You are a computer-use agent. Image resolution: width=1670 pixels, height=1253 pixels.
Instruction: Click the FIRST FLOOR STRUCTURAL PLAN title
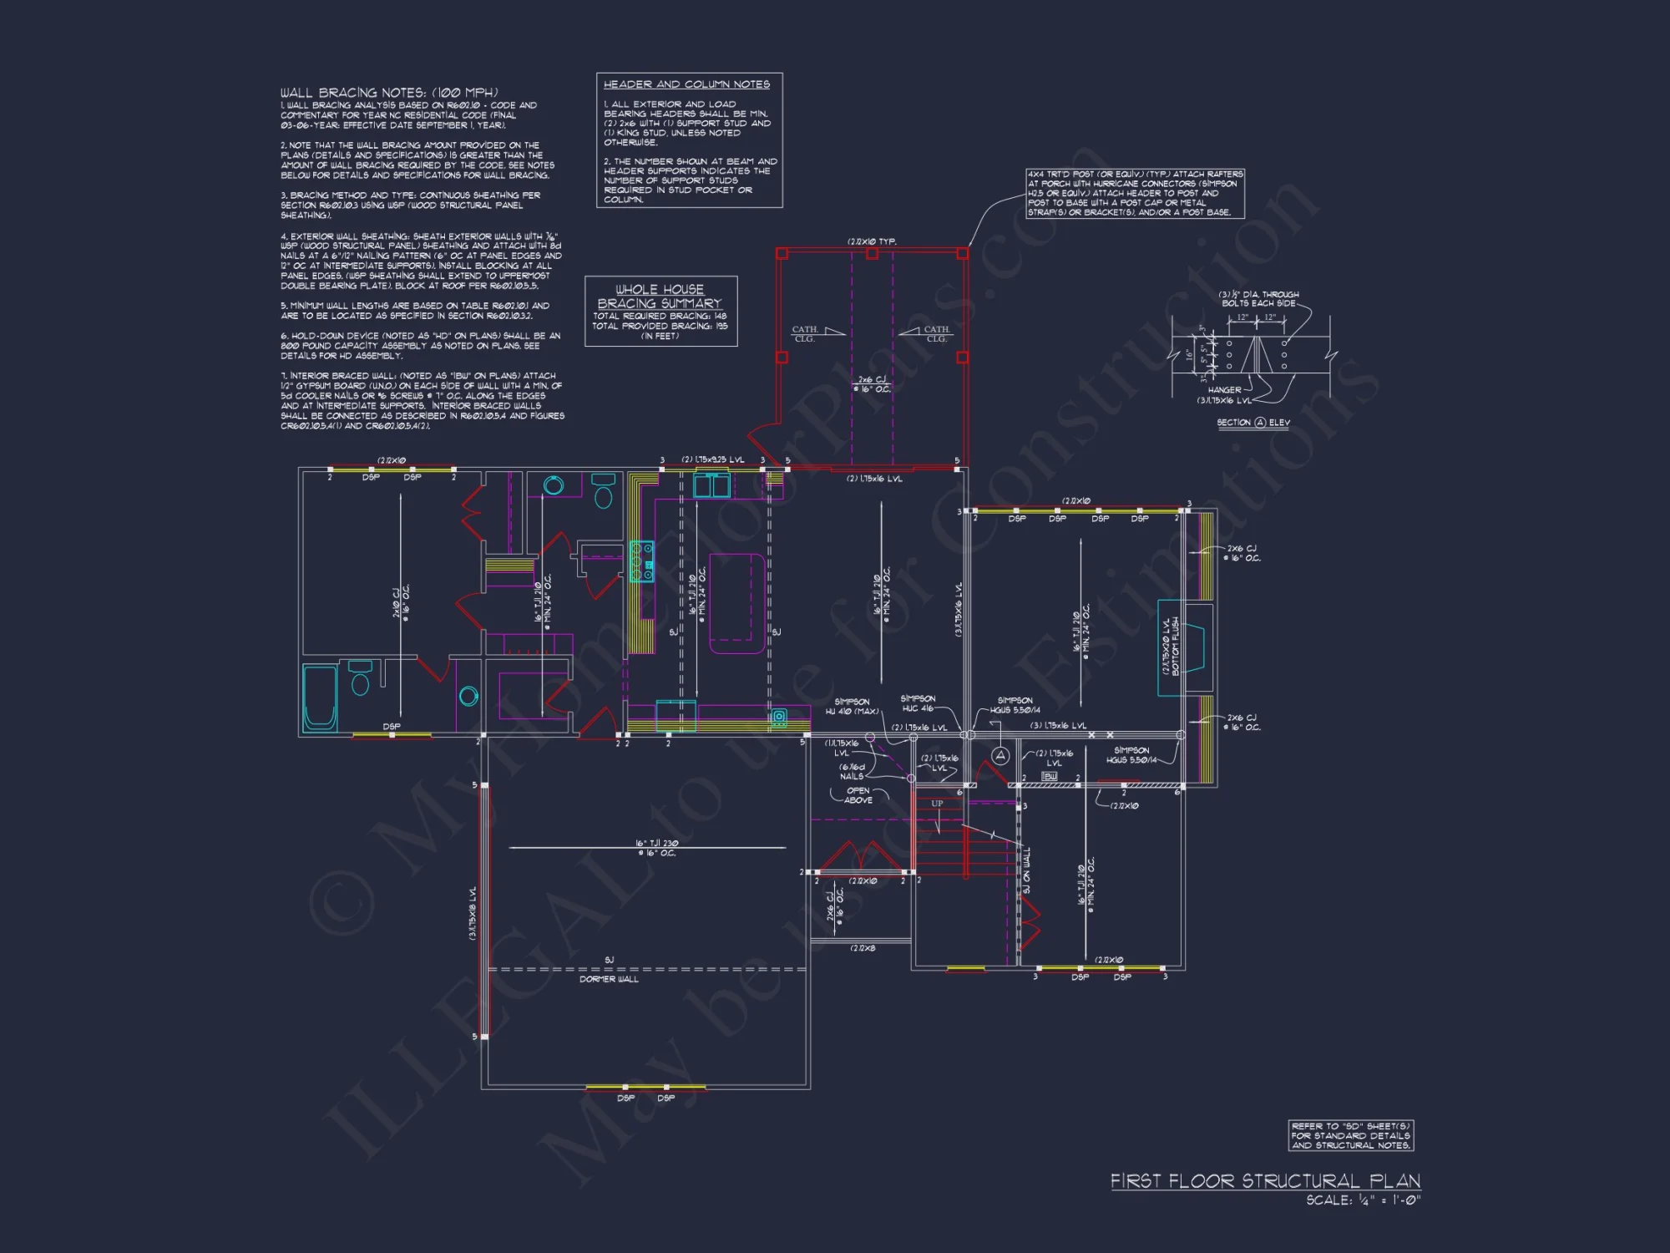[x=1264, y=1180]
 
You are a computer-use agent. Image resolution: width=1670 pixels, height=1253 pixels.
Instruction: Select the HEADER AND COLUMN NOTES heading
[x=686, y=84]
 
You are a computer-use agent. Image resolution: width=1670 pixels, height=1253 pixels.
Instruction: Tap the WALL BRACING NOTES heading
[x=389, y=93]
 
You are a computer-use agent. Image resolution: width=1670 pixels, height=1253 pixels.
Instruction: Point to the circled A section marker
[x=999, y=756]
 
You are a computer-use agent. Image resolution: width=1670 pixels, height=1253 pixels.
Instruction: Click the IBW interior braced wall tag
[x=1050, y=777]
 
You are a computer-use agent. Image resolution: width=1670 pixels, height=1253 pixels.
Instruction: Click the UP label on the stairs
[x=937, y=804]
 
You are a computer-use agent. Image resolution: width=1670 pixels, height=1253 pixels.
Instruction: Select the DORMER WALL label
[x=609, y=979]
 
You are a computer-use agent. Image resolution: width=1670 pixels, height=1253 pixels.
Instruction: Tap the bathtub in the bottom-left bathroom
[x=320, y=698]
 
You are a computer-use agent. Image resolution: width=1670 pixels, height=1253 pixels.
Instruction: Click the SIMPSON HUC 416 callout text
[x=918, y=703]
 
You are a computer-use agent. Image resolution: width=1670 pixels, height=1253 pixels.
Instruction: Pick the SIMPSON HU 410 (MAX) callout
[x=852, y=707]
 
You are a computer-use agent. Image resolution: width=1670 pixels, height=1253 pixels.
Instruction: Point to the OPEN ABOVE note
[x=858, y=795]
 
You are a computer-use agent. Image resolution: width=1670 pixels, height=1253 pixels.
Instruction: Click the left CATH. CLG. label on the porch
[x=805, y=334]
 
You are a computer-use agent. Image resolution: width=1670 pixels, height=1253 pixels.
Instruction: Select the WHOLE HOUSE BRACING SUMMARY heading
[x=660, y=297]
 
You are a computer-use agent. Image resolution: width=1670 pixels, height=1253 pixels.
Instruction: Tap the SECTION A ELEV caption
[x=1252, y=423]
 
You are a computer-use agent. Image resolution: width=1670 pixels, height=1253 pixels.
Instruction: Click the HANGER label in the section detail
[x=1224, y=390]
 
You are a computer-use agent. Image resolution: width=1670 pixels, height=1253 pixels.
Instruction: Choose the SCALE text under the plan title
[x=1363, y=1200]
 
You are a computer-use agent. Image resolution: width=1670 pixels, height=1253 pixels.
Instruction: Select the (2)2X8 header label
[x=863, y=948]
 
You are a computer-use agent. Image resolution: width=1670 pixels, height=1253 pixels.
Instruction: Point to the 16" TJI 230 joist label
[x=656, y=848]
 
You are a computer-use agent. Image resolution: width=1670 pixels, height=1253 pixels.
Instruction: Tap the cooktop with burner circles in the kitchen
[x=641, y=561]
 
